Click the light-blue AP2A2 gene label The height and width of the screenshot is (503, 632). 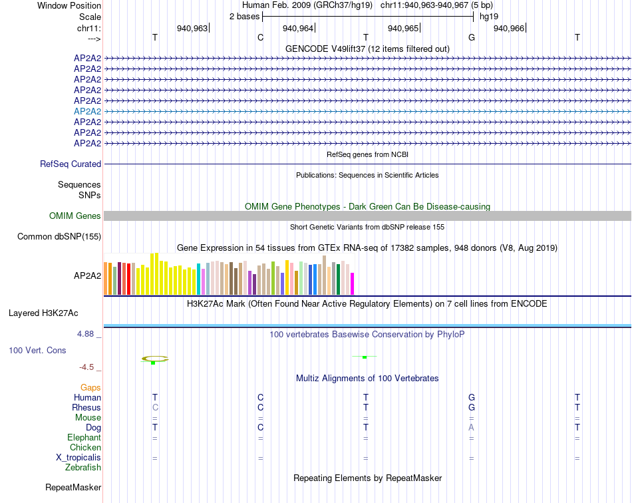point(87,111)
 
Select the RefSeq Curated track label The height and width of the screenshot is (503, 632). point(71,164)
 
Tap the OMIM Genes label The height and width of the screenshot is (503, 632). point(75,216)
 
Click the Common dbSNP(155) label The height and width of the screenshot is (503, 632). point(59,236)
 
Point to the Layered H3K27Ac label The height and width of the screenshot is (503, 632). point(43,313)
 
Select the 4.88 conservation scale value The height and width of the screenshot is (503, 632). point(86,333)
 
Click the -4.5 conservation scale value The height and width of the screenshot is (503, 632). point(87,367)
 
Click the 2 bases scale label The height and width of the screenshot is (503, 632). point(243,15)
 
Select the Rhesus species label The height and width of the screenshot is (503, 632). point(86,407)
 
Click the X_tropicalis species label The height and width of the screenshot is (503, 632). point(79,458)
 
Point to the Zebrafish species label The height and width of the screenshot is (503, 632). point(83,468)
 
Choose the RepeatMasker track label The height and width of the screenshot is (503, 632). point(73,488)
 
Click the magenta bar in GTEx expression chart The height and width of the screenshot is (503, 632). point(352,283)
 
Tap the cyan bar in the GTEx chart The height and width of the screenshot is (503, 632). point(199,279)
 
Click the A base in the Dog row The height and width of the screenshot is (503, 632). point(471,427)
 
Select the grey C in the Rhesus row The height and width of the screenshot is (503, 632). point(155,407)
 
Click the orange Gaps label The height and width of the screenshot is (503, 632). point(90,387)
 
